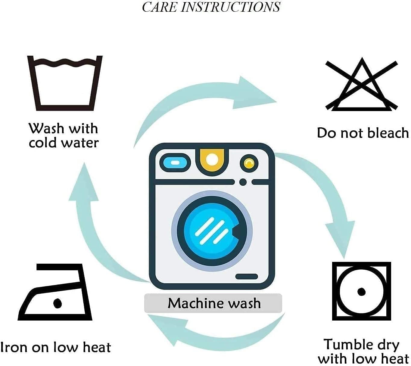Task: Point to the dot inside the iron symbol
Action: pos(58,303)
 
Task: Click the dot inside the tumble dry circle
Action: pos(361,292)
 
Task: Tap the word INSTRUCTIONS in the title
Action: pos(230,7)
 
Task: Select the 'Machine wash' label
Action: pos(214,304)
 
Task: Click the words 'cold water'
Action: pos(64,143)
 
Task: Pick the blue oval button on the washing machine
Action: pos(175,163)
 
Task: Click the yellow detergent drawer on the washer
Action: pos(212,160)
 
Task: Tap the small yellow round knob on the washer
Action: pos(249,163)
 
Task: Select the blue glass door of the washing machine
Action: pos(212,231)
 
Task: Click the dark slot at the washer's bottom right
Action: pos(247,276)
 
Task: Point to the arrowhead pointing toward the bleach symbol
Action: pos(255,93)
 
